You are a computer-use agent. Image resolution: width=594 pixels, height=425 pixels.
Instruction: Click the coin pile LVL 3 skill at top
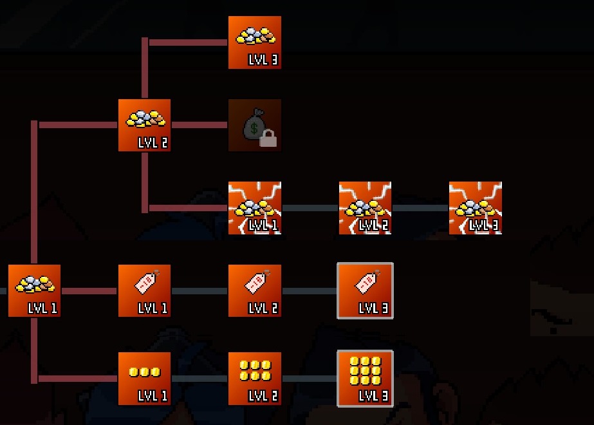point(254,42)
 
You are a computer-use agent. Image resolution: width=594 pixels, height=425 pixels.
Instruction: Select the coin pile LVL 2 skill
point(144,125)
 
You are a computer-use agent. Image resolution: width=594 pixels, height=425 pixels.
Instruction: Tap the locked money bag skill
point(254,125)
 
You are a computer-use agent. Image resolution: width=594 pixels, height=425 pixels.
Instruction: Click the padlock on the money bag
point(268,138)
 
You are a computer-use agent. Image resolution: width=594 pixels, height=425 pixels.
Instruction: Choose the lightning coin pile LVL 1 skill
point(254,208)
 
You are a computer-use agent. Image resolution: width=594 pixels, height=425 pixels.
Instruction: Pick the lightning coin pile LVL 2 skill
point(365,208)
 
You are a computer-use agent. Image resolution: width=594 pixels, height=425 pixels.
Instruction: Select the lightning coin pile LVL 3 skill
point(475,208)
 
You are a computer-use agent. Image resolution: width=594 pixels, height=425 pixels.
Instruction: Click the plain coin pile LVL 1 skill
point(34,290)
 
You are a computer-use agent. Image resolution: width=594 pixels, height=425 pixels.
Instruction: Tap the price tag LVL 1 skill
point(144,290)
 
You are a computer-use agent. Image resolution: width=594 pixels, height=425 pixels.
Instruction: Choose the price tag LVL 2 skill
point(254,290)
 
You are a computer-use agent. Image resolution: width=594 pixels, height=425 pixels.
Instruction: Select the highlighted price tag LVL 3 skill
point(365,290)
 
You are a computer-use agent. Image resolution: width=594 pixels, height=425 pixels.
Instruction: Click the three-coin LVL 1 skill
point(144,379)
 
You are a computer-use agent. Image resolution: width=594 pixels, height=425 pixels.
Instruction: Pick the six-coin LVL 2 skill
point(254,379)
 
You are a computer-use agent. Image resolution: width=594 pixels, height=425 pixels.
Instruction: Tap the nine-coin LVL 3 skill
point(365,379)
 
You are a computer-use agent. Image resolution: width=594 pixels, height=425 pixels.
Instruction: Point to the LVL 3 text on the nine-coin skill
point(373,396)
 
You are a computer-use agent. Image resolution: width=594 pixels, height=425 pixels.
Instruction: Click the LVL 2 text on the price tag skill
point(263,308)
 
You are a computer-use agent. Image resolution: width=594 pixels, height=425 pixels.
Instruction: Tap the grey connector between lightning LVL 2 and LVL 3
point(420,208)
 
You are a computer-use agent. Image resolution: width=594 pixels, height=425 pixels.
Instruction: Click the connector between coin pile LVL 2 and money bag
point(200,125)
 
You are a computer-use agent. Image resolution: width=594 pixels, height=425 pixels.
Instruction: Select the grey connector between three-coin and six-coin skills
point(200,379)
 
